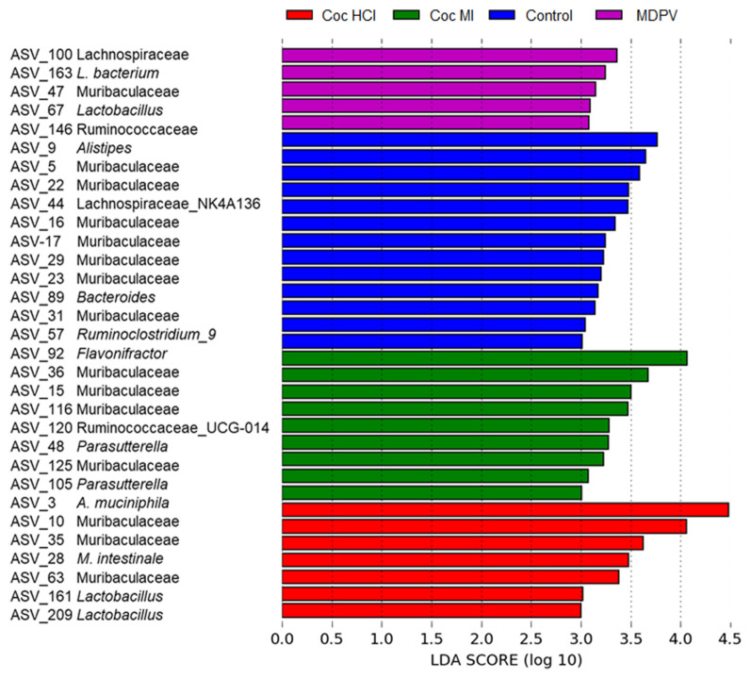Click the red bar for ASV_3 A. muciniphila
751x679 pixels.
(x=504, y=509)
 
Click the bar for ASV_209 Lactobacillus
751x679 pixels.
(x=431, y=610)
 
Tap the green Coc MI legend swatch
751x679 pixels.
(x=429, y=15)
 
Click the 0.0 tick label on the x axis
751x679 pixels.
(x=282, y=639)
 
